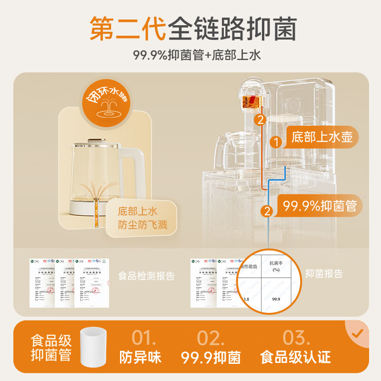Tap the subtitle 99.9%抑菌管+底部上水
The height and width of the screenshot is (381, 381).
pos(190,55)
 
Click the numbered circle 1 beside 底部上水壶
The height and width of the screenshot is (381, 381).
pos(275,141)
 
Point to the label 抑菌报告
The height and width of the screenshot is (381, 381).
pos(324,273)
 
